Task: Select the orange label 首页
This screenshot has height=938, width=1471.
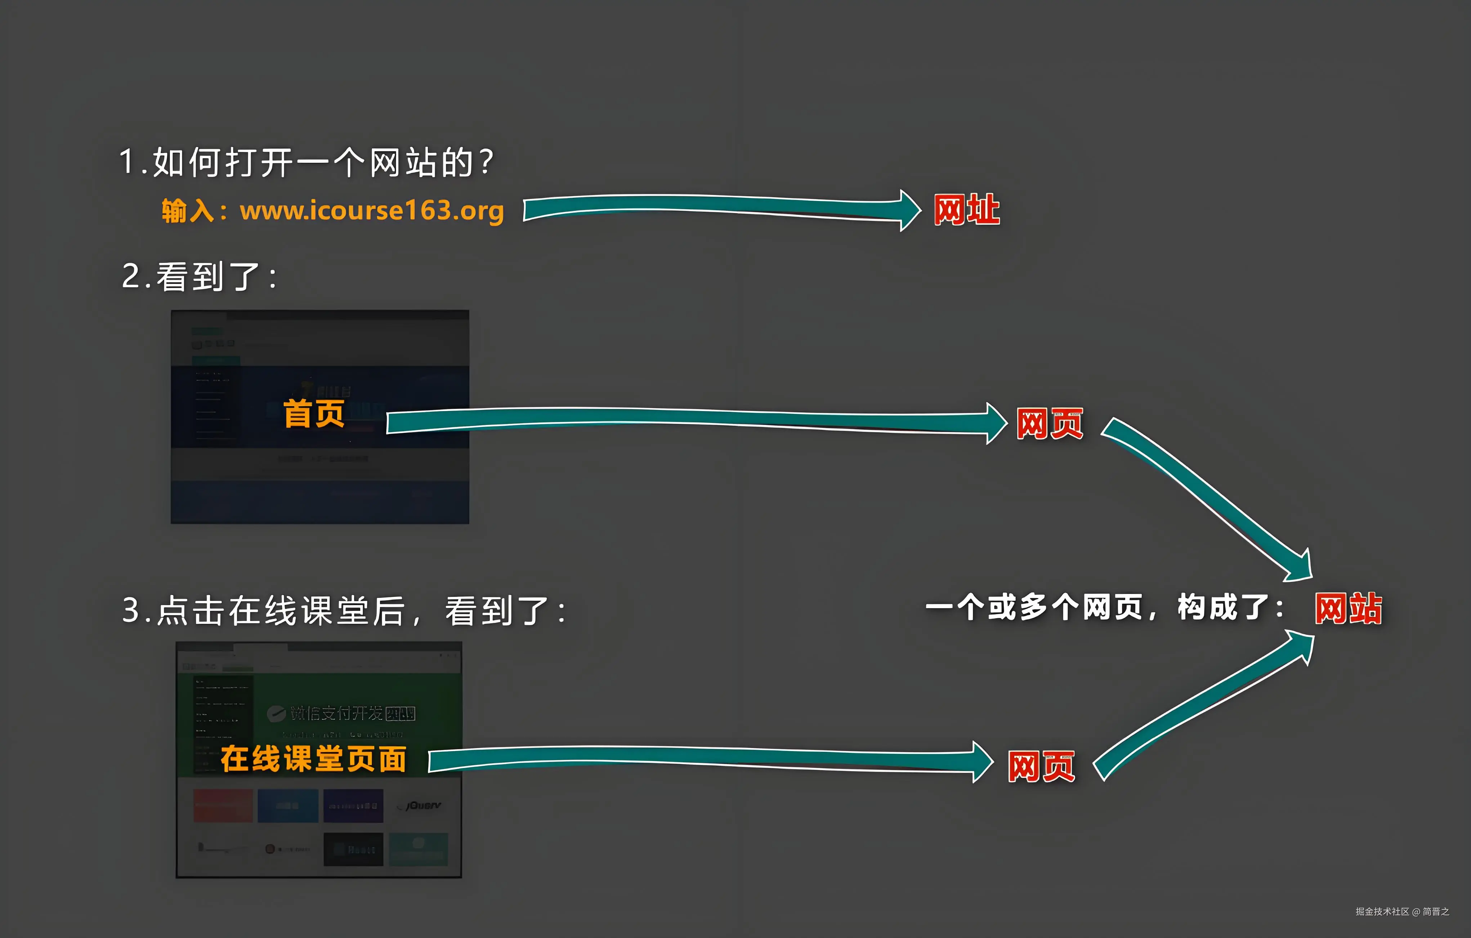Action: click(314, 414)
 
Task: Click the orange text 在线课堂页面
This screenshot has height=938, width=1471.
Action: click(313, 759)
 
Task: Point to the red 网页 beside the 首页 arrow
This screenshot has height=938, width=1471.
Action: click(1050, 424)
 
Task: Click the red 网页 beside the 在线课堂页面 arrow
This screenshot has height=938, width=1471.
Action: click(1041, 766)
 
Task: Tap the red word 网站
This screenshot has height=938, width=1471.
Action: click(1348, 609)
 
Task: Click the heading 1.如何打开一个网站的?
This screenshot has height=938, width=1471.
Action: click(305, 162)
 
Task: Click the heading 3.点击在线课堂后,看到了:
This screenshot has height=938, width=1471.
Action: click(344, 611)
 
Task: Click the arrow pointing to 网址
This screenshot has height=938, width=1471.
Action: click(721, 208)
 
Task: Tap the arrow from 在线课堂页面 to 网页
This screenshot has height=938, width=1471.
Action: click(708, 760)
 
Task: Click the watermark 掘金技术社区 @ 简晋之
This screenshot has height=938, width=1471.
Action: click(1402, 911)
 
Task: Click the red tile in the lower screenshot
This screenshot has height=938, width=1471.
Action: click(223, 805)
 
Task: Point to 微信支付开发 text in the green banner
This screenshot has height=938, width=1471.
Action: click(336, 713)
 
